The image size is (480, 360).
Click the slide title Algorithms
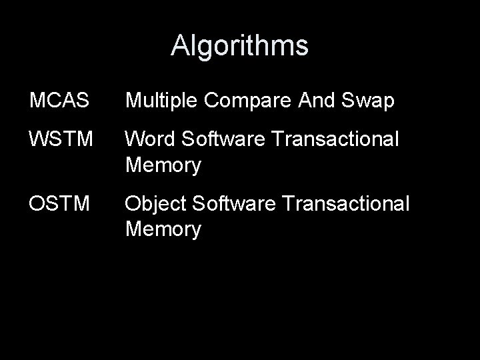tap(239, 46)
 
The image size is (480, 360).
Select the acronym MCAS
tap(59, 101)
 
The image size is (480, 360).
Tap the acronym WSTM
tap(59, 140)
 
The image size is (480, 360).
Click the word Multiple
tap(162, 101)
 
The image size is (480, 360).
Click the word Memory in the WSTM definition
tap(163, 165)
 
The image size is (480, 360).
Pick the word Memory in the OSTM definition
tap(163, 229)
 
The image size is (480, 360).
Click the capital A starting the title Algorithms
tap(179, 46)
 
